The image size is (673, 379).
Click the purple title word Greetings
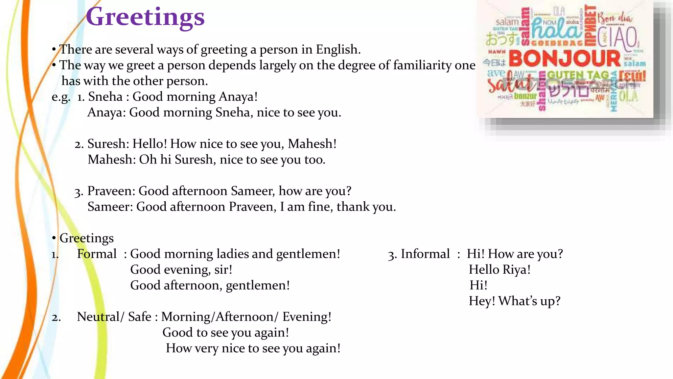[145, 17]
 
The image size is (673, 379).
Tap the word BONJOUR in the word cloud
[565, 59]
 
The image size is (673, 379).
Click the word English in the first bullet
[338, 49]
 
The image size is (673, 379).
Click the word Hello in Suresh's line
[150, 144]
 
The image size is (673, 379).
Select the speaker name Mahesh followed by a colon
[112, 160]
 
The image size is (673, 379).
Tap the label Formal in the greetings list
[97, 254]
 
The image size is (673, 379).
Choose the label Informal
[425, 254]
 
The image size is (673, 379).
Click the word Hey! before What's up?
[482, 301]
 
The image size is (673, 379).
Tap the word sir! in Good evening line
[223, 270]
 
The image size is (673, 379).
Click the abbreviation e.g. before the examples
[61, 97]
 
